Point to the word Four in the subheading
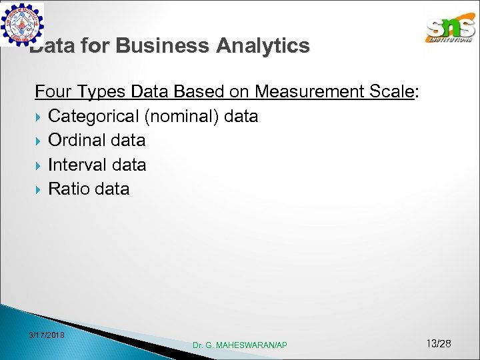54,91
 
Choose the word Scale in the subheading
393,91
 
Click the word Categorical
93,116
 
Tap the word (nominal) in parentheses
181,116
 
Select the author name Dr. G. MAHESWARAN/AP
240,345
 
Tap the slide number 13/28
438,343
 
